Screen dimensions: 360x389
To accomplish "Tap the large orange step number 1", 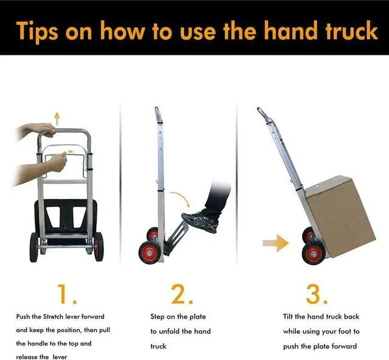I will click(x=66, y=294).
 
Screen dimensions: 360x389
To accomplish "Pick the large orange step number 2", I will click(x=181, y=294).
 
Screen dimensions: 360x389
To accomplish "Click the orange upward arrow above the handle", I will click(x=57, y=117).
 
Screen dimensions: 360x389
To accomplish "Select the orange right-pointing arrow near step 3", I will click(x=274, y=244).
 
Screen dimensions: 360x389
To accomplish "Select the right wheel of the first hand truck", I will click(x=98, y=246).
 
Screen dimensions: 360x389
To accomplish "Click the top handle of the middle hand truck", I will click(x=158, y=114).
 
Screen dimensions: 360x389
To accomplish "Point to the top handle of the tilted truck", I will click(x=262, y=114).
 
